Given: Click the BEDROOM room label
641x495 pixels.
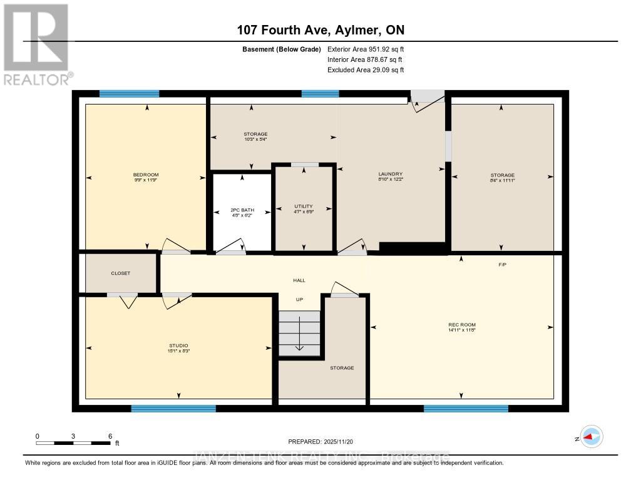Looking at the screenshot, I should click(x=145, y=175).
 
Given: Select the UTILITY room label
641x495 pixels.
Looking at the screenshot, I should click(x=304, y=207).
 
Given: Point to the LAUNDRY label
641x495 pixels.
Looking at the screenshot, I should click(x=390, y=174).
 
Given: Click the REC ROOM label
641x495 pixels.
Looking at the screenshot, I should click(x=461, y=325).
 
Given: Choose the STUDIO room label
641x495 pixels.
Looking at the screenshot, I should click(x=178, y=345).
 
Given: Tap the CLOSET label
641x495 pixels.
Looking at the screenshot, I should click(x=120, y=273).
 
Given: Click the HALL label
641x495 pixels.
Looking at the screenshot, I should click(x=299, y=280).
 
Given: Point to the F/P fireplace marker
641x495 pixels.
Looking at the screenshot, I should click(x=502, y=265).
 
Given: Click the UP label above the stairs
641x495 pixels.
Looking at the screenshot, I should click(x=299, y=300).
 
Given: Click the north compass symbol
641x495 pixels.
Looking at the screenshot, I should click(x=591, y=437).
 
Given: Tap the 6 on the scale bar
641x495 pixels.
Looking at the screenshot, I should click(x=110, y=436).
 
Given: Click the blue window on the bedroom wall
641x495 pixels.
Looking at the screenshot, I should click(x=129, y=94).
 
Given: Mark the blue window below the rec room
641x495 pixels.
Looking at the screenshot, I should click(x=466, y=409).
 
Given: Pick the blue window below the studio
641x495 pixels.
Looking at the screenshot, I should click(x=173, y=409).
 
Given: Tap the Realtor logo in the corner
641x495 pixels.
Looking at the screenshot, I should click(x=36, y=43).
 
